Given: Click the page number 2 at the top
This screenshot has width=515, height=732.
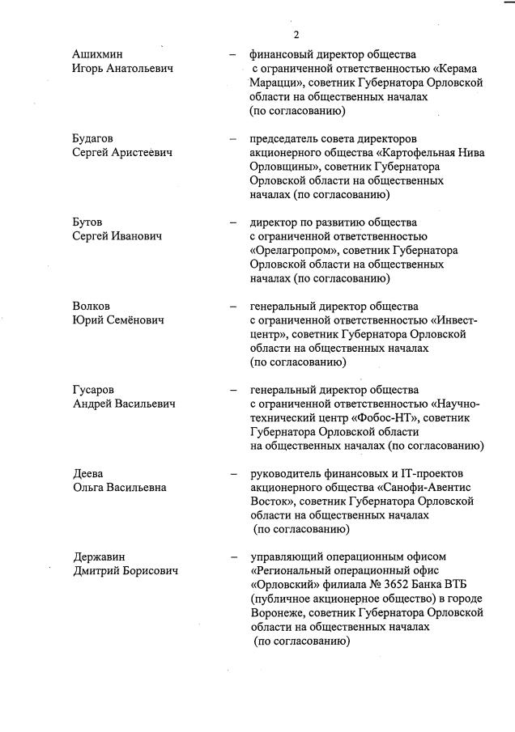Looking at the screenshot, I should [x=296, y=34].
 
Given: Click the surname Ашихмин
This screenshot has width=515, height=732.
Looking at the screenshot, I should [x=98, y=54].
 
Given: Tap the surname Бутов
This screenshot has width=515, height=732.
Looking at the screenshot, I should [x=87, y=222].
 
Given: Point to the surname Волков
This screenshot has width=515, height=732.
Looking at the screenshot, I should [x=91, y=307].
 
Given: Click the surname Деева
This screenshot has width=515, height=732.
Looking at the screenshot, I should [x=88, y=473].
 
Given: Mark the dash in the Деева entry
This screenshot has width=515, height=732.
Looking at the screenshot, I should [x=232, y=473].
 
